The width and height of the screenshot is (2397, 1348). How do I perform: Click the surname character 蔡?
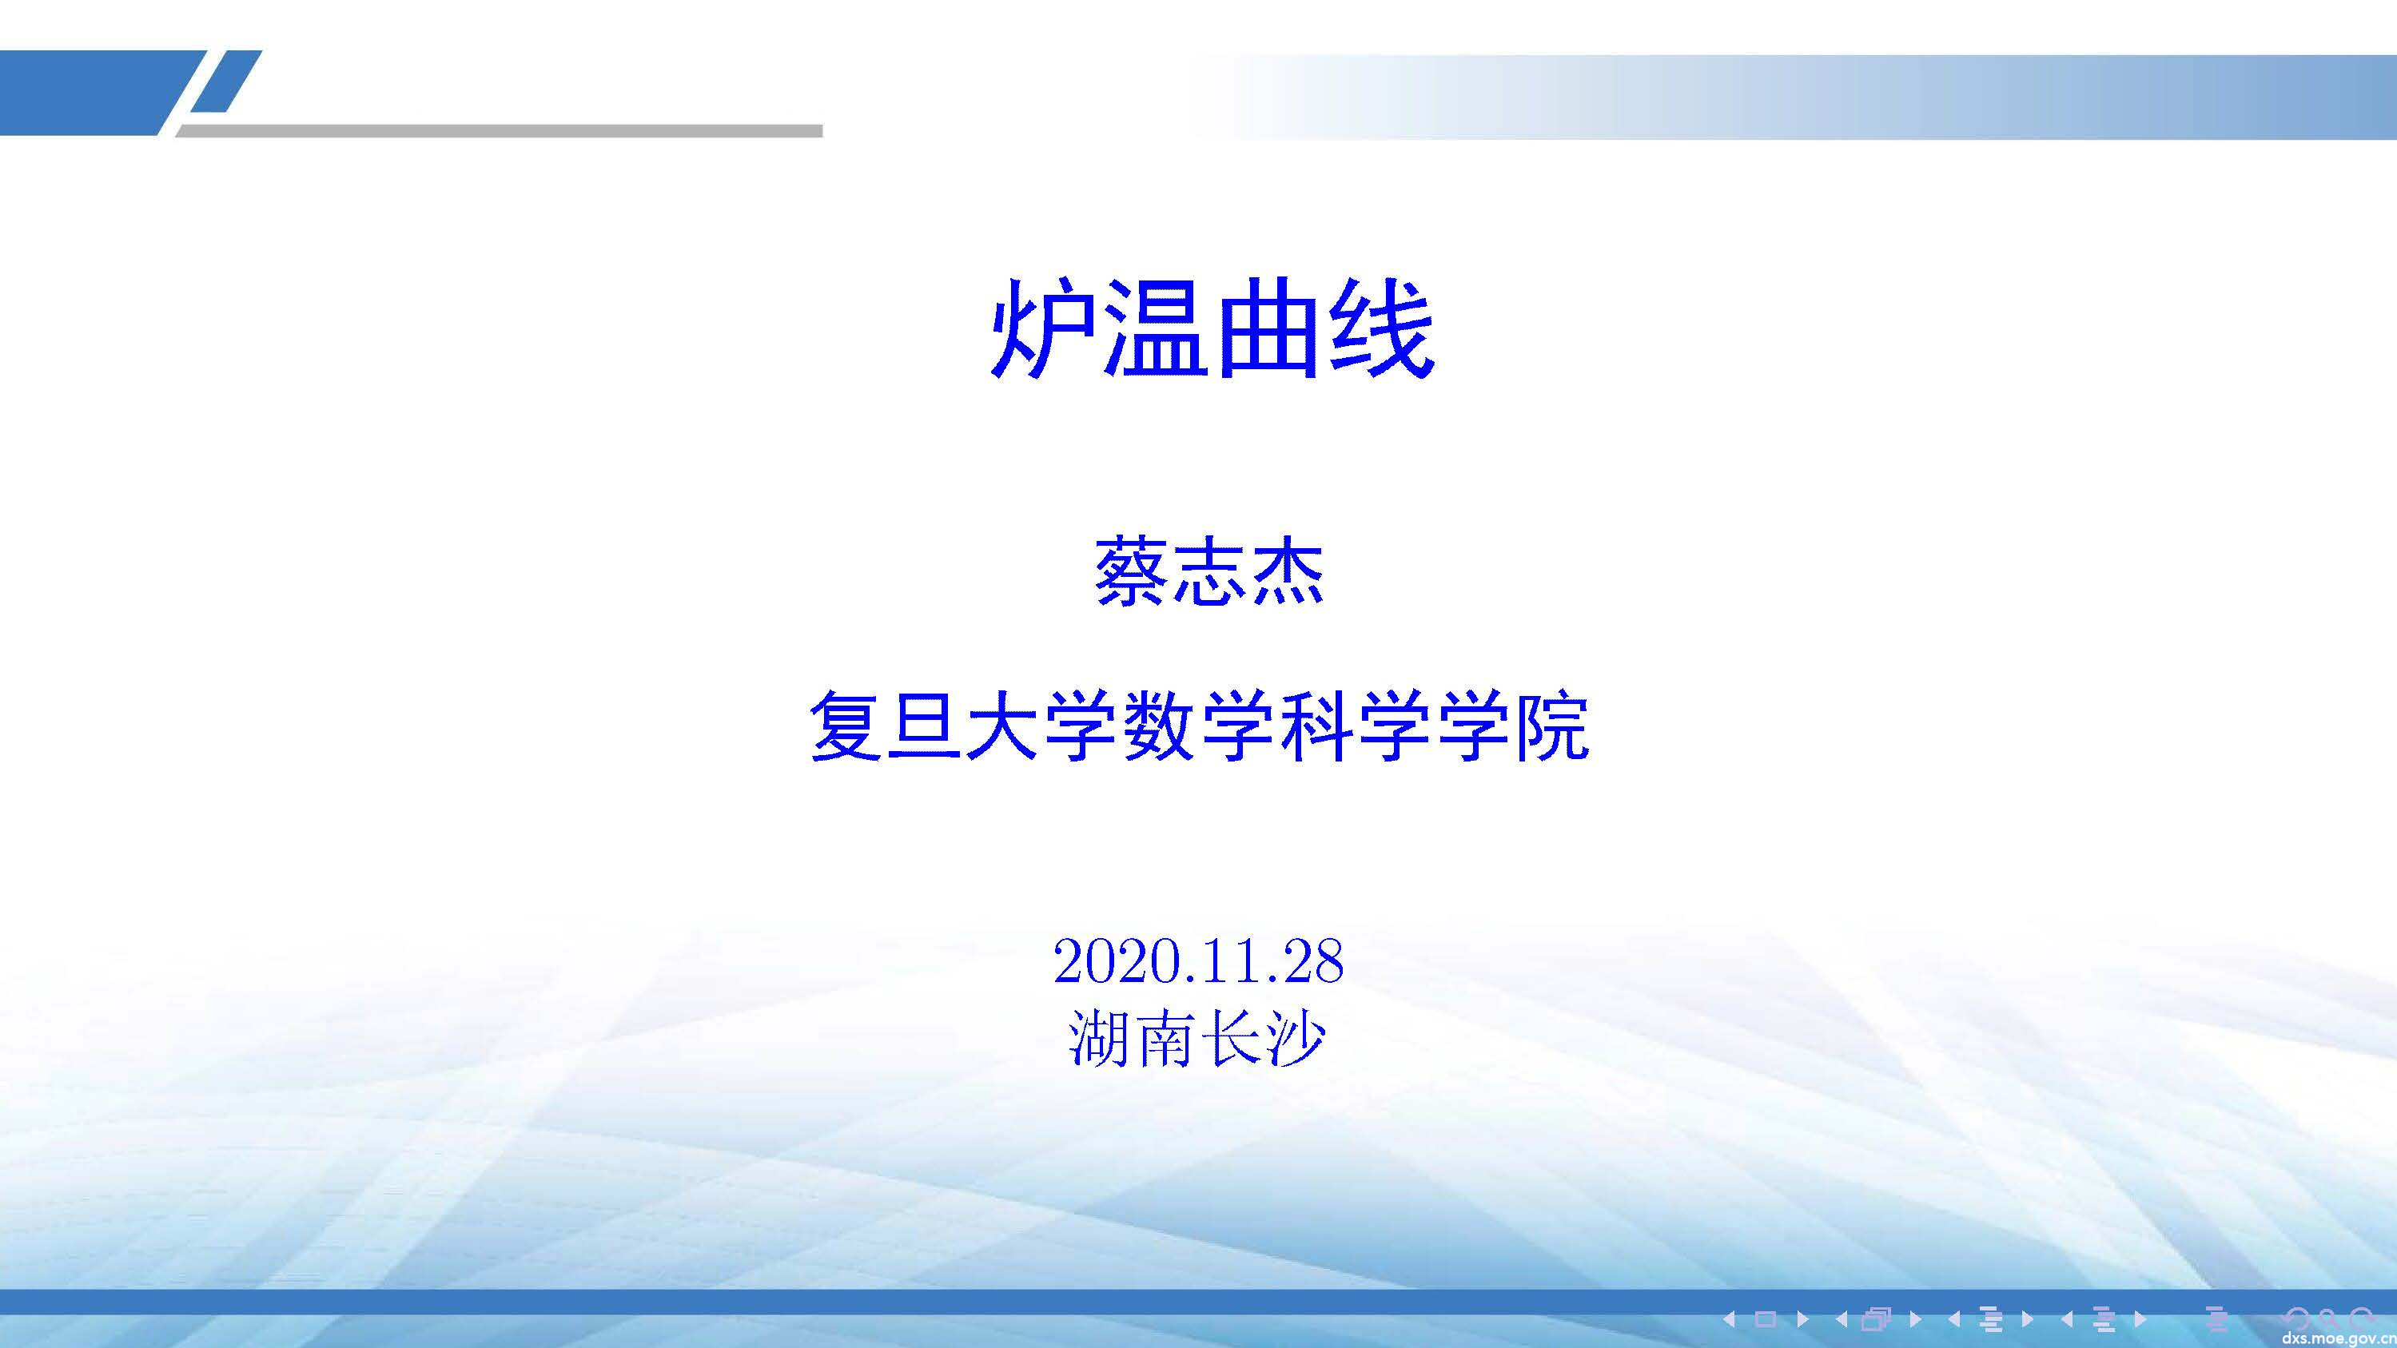coord(1131,572)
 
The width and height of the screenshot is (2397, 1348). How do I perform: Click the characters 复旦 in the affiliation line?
coord(885,726)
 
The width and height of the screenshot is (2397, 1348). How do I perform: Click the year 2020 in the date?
coord(1111,961)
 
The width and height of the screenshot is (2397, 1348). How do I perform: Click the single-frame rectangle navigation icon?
coord(1766,1318)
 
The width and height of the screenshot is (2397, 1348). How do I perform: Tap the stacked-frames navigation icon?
coord(1877,1318)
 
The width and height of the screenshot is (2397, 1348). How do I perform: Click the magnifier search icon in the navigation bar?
coord(2327,1318)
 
